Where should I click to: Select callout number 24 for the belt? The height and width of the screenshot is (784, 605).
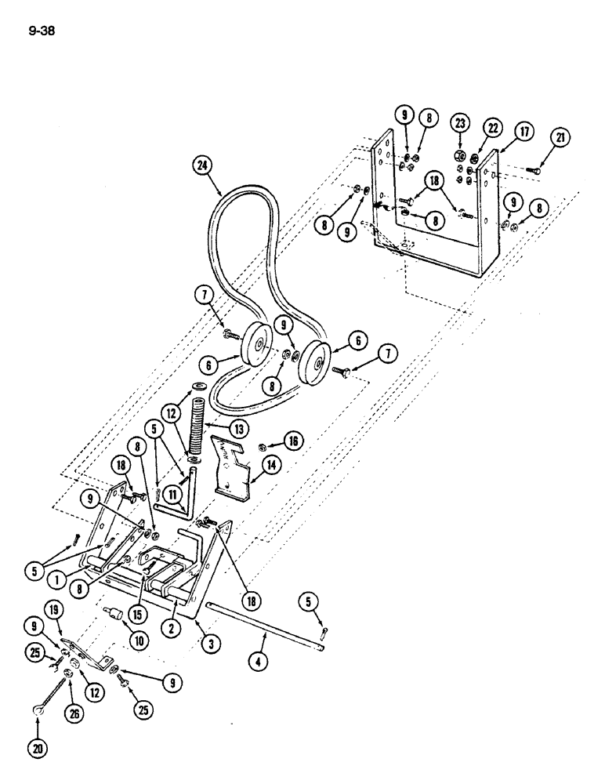pos(202,165)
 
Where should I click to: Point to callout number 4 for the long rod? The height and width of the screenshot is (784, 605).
pos(259,661)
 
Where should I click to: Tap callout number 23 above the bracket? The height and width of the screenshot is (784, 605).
pos(458,122)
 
